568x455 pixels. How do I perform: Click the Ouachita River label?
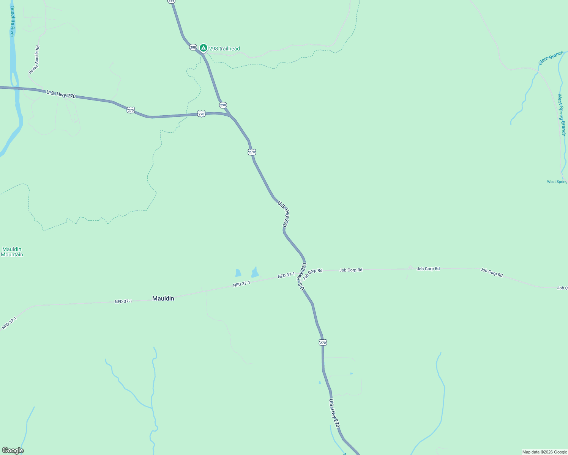click(x=12, y=21)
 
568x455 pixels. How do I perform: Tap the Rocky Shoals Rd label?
click(x=34, y=60)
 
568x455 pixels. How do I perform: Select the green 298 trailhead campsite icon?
click(x=204, y=48)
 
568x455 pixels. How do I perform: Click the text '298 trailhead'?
click(x=224, y=49)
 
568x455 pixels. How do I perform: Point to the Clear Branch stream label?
click(x=551, y=58)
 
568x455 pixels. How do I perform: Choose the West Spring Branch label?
click(x=562, y=115)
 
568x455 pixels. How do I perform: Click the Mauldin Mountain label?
click(x=12, y=252)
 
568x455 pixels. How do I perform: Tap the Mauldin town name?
click(x=163, y=298)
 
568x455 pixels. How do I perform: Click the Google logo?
click(x=13, y=450)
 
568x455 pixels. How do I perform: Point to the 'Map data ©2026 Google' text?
click(x=544, y=452)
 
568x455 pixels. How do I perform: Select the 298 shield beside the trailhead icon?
click(x=193, y=47)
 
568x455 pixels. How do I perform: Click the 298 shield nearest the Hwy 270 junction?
click(x=223, y=105)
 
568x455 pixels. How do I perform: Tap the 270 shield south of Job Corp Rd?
click(x=323, y=342)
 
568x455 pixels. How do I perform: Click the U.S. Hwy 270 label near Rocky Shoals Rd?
click(x=61, y=94)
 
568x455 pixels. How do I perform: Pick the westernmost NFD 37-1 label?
click(x=9, y=323)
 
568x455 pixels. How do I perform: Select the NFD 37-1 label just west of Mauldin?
click(x=123, y=301)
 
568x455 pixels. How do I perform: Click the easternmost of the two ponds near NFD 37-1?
click(x=255, y=273)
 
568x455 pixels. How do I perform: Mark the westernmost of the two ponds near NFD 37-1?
click(x=238, y=273)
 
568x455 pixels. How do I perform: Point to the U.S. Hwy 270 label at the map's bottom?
click(x=334, y=413)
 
